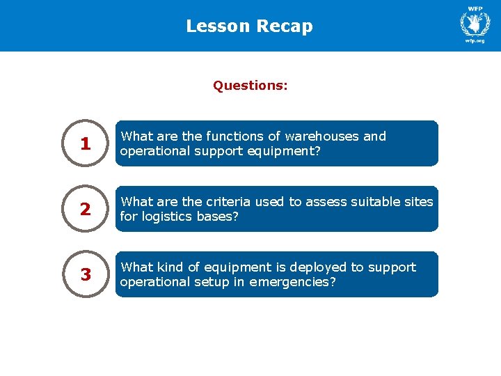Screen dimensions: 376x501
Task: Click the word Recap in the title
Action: pyautogui.click(x=285, y=26)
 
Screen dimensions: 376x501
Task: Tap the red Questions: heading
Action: pyautogui.click(x=250, y=86)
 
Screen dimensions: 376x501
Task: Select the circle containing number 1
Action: pyautogui.click(x=85, y=143)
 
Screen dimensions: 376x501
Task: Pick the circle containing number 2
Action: pyautogui.click(x=85, y=209)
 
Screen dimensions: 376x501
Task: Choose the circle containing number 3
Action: pyautogui.click(x=85, y=274)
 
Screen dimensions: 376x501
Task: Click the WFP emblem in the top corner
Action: pyautogui.click(x=475, y=22)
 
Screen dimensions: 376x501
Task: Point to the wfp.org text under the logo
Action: pyautogui.click(x=475, y=41)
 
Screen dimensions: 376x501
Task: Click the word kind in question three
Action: pyautogui.click(x=169, y=267)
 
